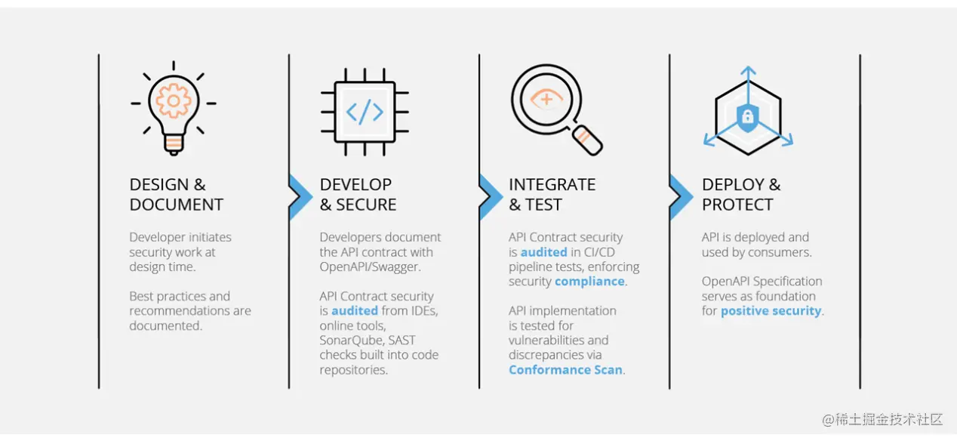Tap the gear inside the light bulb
174,99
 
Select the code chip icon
365,112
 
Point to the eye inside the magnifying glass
546,99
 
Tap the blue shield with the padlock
747,117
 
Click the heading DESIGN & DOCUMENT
176,195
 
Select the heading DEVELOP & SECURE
358,195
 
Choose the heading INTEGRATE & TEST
552,195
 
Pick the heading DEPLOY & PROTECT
741,195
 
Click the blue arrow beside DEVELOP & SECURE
300,196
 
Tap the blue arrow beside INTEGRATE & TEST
490,196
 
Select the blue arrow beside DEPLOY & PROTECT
680,196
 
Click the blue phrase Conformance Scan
565,370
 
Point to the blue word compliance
589,282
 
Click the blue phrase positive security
770,311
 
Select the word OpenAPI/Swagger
368,267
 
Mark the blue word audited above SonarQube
354,311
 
